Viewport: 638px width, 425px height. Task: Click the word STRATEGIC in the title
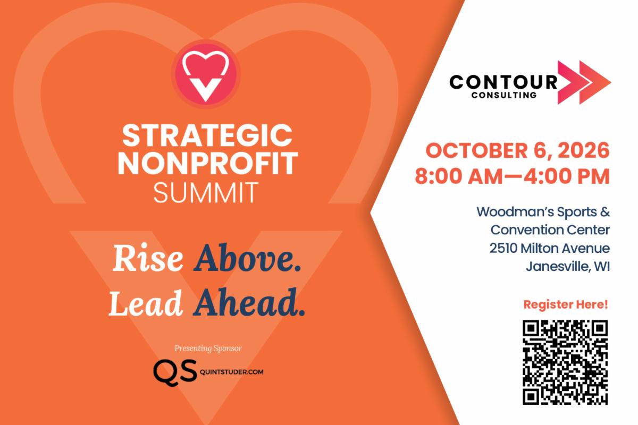[207, 136]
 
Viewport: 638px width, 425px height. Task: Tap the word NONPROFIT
[208, 164]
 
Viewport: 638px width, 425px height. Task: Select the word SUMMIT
[206, 193]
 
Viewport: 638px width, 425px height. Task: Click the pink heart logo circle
[206, 74]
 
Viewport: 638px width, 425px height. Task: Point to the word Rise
[148, 258]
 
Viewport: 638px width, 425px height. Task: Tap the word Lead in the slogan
[146, 303]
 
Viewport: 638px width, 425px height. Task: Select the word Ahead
[249, 302]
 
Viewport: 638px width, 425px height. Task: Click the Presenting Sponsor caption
[208, 348]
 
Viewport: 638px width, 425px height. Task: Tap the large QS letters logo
[175, 372]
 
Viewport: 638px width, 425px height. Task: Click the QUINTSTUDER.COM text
[232, 372]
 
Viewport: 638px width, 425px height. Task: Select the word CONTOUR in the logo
[503, 82]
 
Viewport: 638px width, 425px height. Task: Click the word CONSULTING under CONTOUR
[504, 95]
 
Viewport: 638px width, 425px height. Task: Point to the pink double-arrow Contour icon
[584, 82]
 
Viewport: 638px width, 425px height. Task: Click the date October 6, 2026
[517, 150]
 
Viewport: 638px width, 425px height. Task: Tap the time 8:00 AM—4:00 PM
[512, 176]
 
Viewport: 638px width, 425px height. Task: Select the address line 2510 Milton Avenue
[550, 248]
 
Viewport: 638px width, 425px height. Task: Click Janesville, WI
[568, 267]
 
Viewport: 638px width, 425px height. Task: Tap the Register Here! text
[566, 304]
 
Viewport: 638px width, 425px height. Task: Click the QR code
[565, 362]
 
